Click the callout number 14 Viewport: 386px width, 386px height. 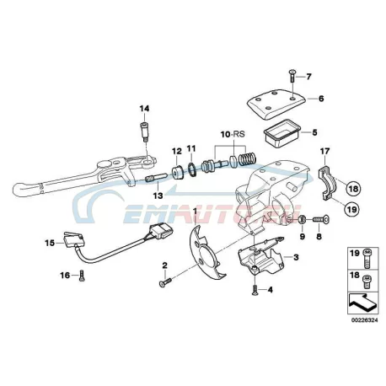pos(145,109)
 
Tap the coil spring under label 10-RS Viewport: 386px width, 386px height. pos(246,159)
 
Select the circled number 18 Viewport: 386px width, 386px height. pos(353,189)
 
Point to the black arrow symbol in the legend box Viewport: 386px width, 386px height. pos(362,304)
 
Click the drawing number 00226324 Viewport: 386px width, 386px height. pos(364,320)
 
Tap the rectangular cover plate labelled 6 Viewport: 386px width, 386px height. pos(276,104)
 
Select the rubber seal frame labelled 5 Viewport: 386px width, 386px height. pos(281,133)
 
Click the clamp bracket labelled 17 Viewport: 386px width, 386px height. pos(327,183)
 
